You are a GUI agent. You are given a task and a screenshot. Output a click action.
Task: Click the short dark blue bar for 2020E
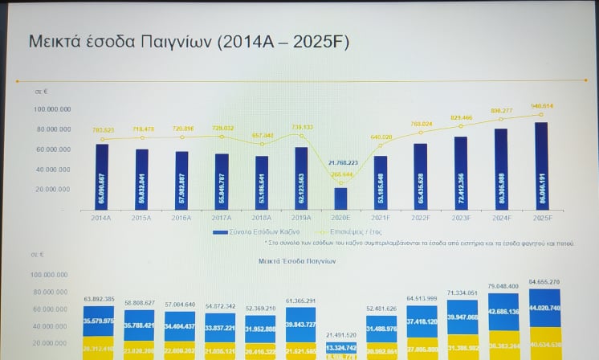(x=340, y=198)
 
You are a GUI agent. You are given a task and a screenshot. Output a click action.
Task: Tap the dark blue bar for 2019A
(x=301, y=177)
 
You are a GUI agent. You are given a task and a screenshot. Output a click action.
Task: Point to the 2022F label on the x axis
(x=420, y=218)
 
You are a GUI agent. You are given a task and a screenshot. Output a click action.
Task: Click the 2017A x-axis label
(x=221, y=218)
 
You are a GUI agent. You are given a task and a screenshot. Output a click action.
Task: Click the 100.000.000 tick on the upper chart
(x=52, y=108)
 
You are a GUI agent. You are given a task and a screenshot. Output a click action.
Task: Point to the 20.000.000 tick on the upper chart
(x=52, y=190)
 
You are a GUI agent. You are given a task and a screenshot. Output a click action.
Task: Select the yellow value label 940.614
(x=542, y=105)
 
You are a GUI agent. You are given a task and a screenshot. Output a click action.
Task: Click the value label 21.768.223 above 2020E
(x=343, y=163)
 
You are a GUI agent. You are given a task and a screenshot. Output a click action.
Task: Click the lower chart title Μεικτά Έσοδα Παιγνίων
(x=298, y=262)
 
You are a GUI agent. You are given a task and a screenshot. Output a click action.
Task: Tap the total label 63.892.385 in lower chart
(x=99, y=299)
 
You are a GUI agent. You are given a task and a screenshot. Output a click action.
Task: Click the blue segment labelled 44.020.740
(x=545, y=308)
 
